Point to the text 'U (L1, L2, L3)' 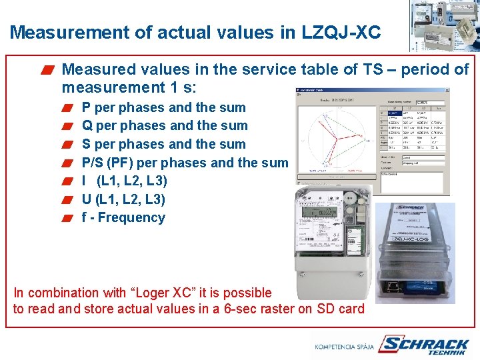pos(123,199)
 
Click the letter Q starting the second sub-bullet pos(87,125)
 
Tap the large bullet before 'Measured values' pos(47,70)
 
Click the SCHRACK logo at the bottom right pos(424,345)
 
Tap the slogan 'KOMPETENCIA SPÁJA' pos(344,347)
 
